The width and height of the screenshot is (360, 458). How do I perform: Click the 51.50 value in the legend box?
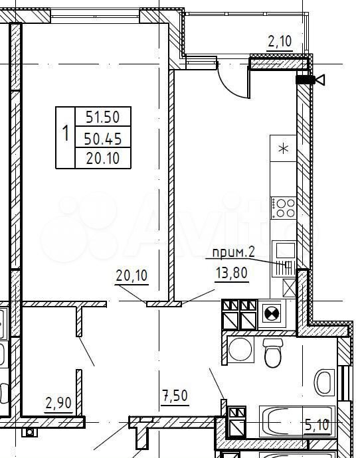pos(102,117)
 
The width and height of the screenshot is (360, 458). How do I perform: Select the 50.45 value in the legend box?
pos(102,139)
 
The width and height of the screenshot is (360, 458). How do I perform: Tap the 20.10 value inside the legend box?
pos(102,158)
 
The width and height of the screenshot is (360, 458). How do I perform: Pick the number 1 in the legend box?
pos(66,133)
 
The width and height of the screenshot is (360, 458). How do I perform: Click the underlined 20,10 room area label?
pos(132,275)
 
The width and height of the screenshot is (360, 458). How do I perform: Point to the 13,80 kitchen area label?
pos(231,273)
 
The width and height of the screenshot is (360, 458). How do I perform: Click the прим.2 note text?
pos(234,252)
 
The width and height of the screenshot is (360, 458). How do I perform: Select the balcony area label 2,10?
pos(280,41)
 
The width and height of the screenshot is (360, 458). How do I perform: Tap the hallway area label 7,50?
pos(175,396)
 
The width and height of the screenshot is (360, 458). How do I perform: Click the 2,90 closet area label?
pos(58,403)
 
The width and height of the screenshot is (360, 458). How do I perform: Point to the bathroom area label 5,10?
pos(317,425)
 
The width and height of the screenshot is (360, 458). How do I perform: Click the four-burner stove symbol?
pos(283,208)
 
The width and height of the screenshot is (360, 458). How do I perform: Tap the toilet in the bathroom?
pos(273,352)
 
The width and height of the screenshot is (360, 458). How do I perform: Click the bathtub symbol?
pos(297,421)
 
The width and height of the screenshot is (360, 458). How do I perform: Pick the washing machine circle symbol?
pos(240,350)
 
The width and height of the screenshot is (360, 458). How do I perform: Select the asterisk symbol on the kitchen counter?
pos(283,149)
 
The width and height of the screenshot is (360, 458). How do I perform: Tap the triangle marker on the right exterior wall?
pos(321,80)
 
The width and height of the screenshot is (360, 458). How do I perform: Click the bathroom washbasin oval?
pos(325,382)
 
